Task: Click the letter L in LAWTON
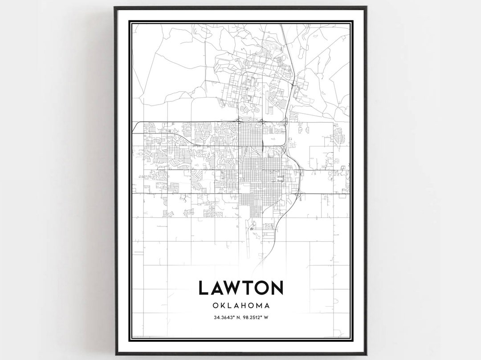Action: click(x=204, y=288)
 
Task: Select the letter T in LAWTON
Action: click(x=248, y=288)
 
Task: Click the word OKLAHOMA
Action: click(x=240, y=306)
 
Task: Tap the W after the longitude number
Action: click(x=266, y=318)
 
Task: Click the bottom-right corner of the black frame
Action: click(x=366, y=354)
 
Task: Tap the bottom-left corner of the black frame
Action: click(x=115, y=354)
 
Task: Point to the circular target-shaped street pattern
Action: click(x=279, y=179)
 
